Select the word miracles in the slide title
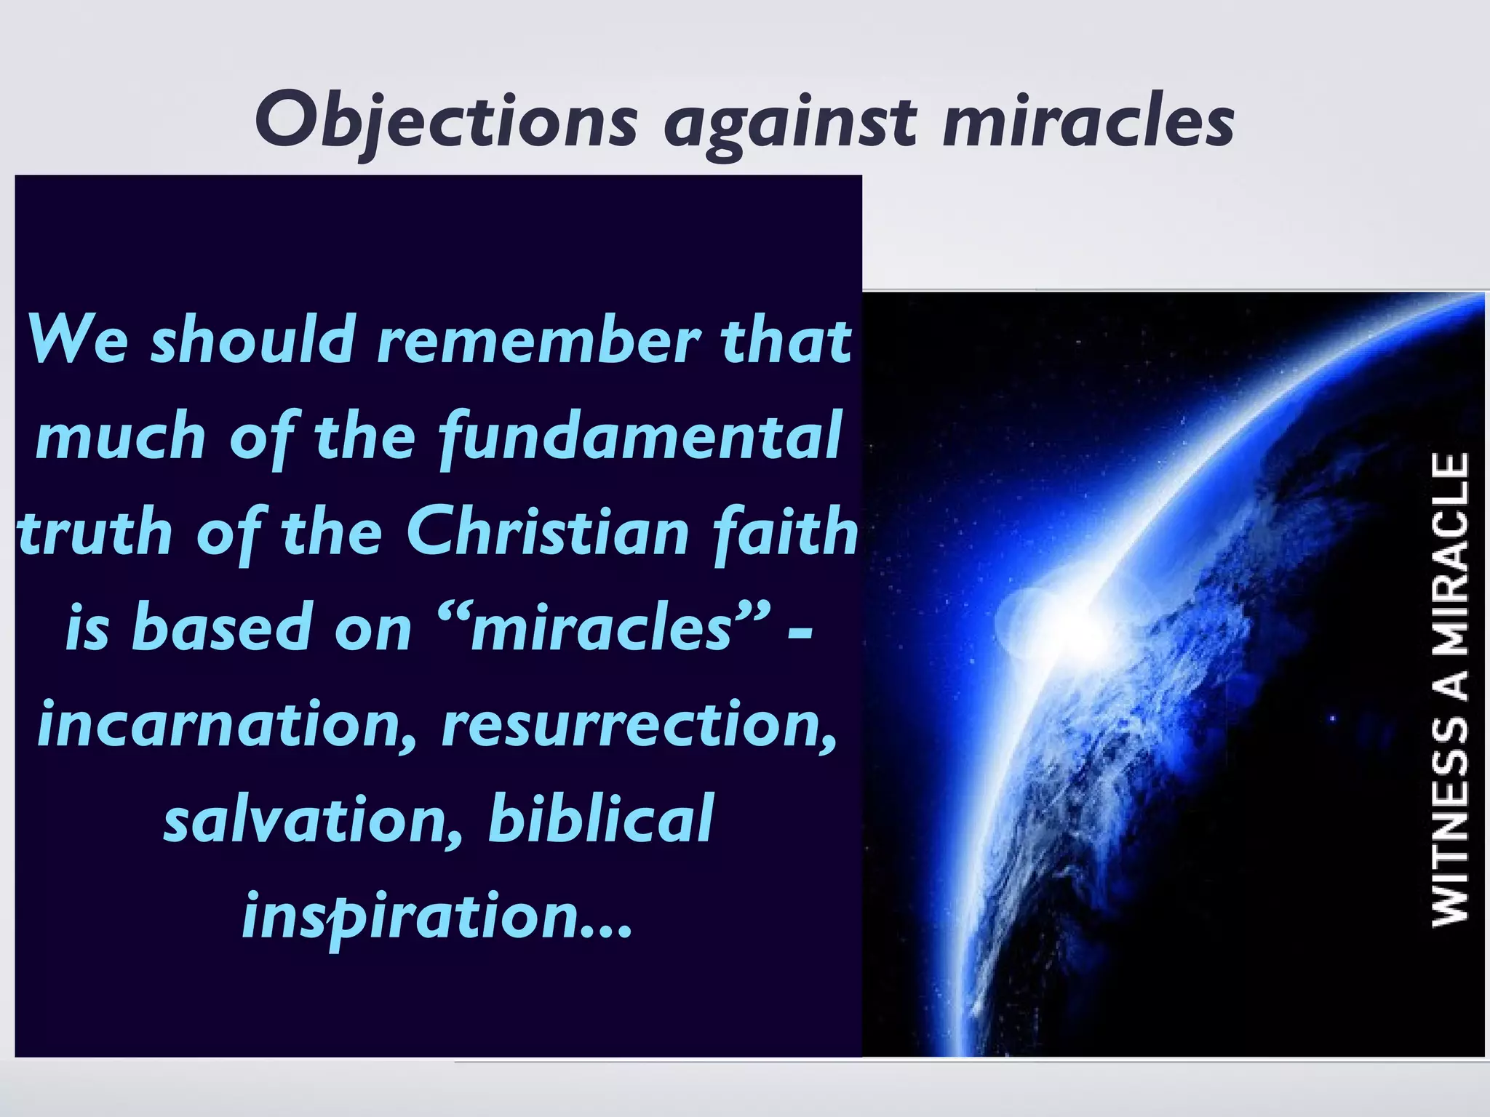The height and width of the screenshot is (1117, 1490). (1088, 121)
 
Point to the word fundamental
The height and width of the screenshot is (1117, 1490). (640, 436)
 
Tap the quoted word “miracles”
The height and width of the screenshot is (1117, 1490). (605, 628)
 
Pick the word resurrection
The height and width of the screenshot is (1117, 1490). (640, 725)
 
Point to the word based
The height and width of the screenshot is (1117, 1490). (221, 628)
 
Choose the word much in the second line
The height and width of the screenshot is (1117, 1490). (121, 436)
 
